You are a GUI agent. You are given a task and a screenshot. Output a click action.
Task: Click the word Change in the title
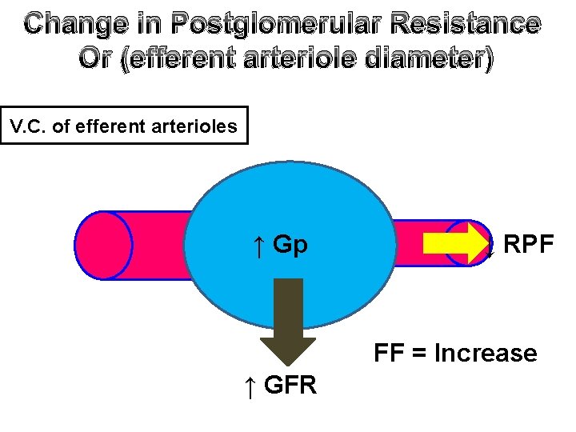click(x=70, y=25)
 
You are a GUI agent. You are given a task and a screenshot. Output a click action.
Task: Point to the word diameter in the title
click(x=420, y=61)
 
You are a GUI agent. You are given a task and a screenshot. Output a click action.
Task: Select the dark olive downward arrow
click(x=282, y=320)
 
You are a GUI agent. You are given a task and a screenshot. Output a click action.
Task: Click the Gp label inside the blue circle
click(x=290, y=244)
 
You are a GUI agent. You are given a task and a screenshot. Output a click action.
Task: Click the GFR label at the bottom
click(x=290, y=386)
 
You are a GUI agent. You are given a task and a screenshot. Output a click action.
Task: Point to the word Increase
click(x=485, y=353)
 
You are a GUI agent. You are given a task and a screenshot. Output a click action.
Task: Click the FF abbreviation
click(x=387, y=353)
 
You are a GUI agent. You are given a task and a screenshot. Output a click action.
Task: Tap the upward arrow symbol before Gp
click(x=258, y=245)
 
